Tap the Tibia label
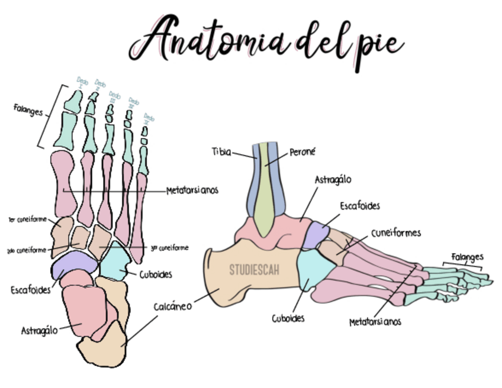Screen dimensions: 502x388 point(221,151)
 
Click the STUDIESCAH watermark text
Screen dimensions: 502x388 point(254,270)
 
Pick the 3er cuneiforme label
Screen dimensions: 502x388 point(169,248)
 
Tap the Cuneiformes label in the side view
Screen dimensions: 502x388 point(396,233)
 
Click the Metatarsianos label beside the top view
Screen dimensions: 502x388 point(192,190)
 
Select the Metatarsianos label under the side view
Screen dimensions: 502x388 point(375,322)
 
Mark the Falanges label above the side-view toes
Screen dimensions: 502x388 point(468,257)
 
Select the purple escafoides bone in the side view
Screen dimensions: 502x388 point(315,235)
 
